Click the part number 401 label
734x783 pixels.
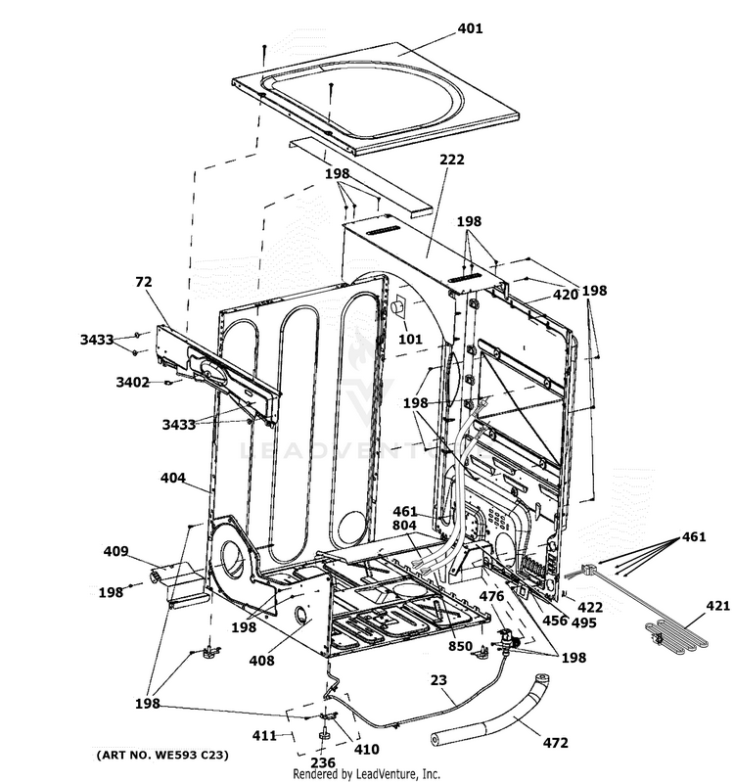pos(470,29)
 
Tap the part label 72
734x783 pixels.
pos(144,281)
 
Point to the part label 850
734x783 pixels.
pos(460,646)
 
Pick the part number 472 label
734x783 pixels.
pos(554,745)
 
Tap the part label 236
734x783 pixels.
pos(322,762)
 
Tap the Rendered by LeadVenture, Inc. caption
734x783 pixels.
pos(367,774)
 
